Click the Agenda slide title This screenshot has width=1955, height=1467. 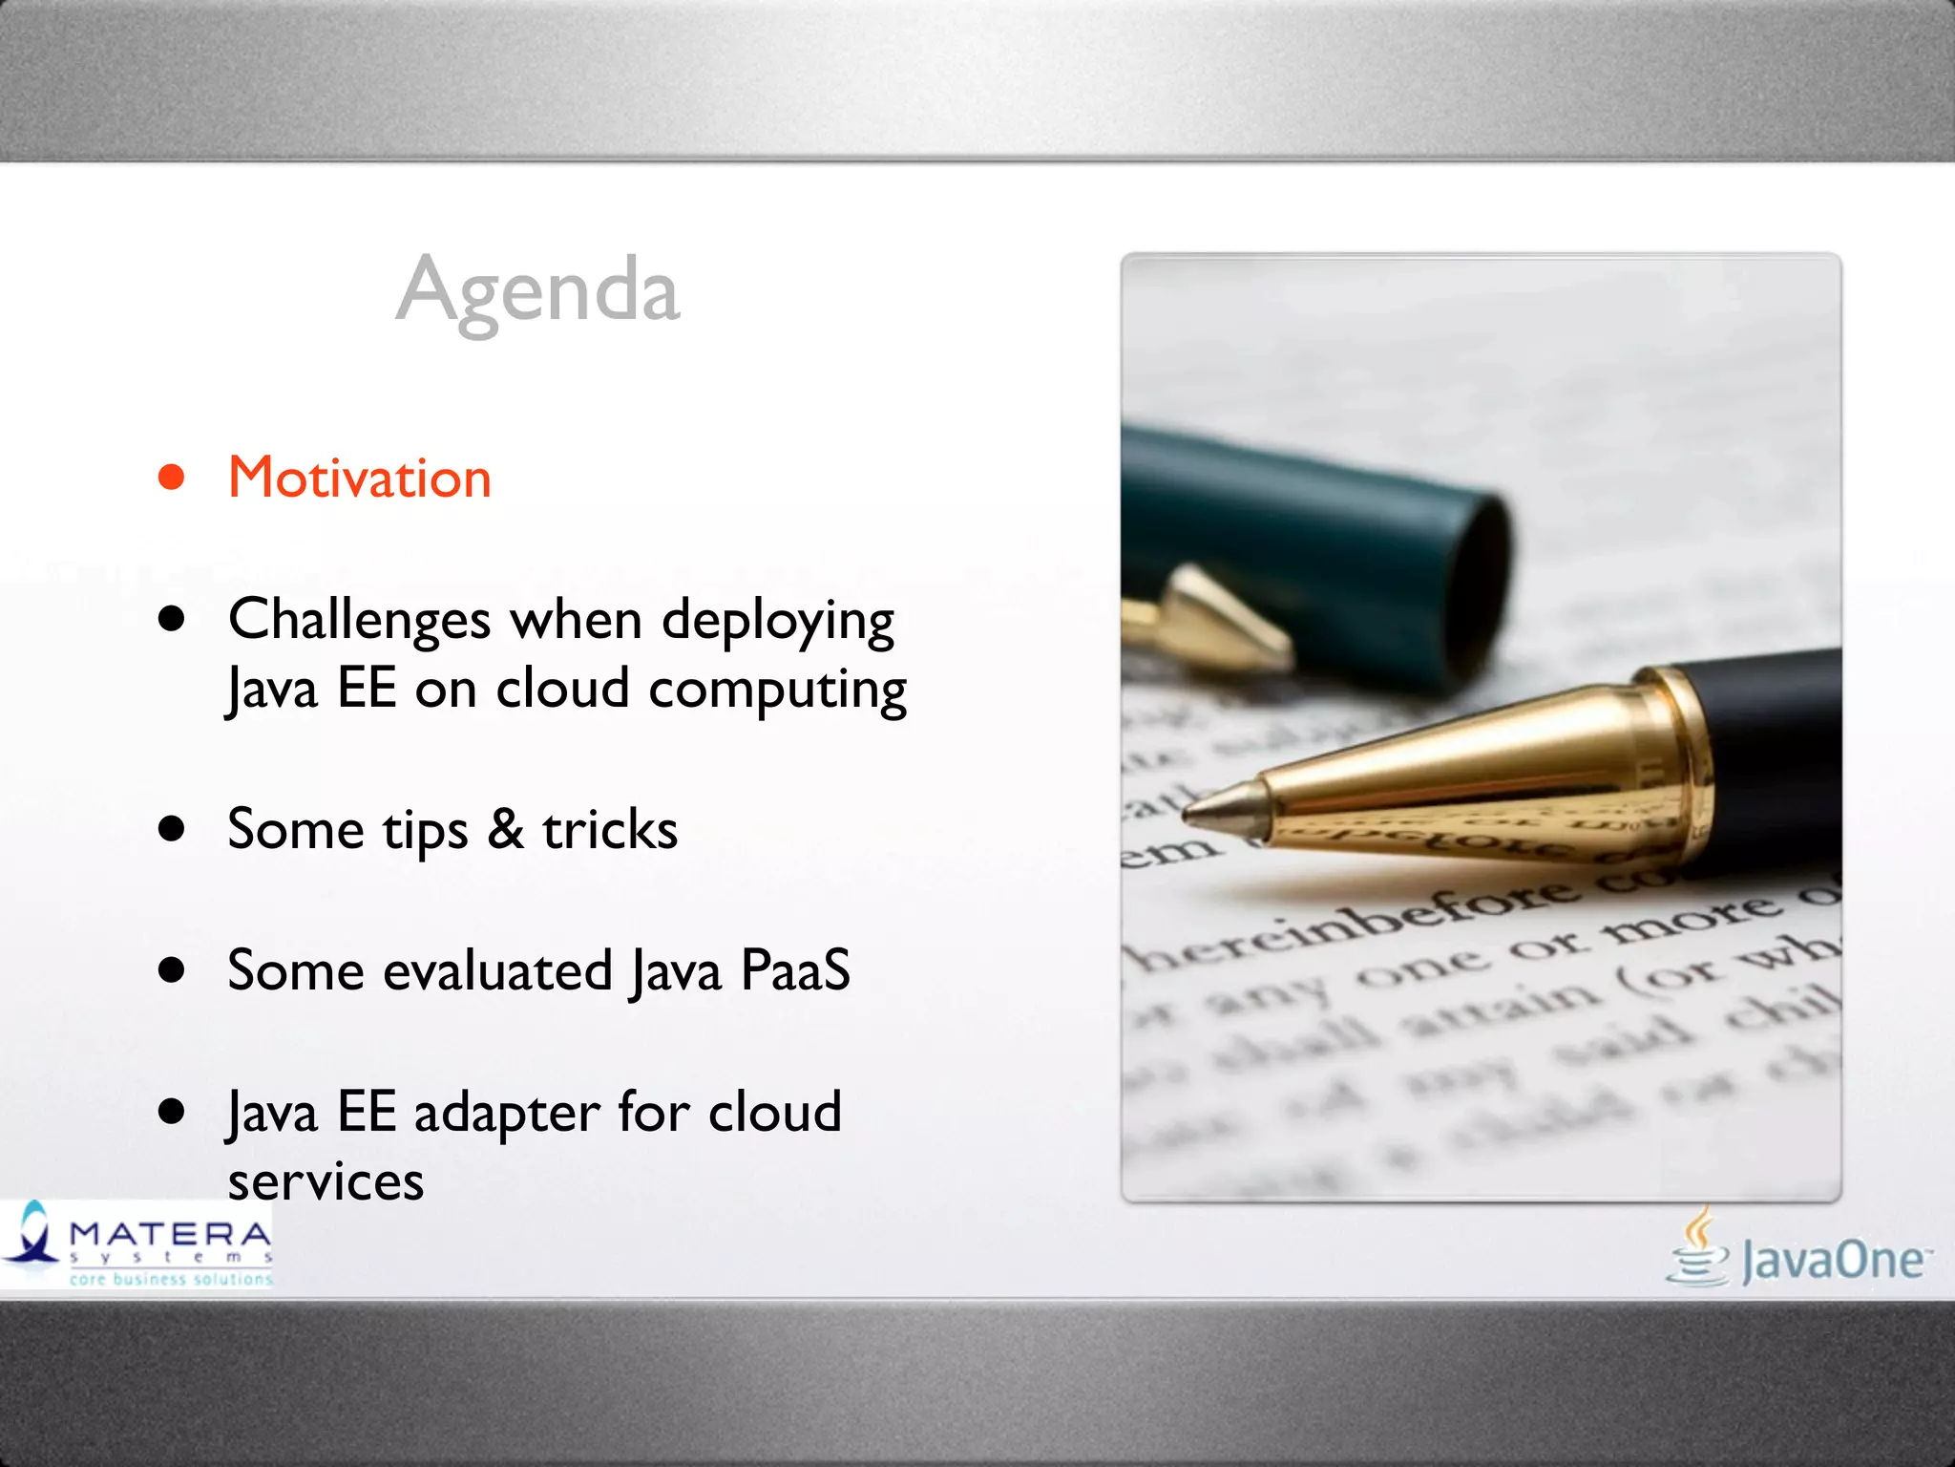click(x=537, y=290)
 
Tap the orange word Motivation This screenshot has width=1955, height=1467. click(x=360, y=478)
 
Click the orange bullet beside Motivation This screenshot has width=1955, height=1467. click(x=172, y=477)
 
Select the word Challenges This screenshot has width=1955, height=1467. click(x=360, y=620)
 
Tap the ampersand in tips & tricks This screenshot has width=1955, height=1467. click(x=506, y=829)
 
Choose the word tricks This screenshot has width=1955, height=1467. click(x=610, y=829)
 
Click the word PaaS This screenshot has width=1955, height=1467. click(x=794, y=970)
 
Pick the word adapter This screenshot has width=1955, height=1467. click(x=507, y=1114)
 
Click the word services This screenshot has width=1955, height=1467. click(x=326, y=1182)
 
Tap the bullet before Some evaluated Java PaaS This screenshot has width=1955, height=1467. click(x=172, y=970)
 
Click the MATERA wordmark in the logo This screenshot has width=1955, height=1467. click(x=170, y=1234)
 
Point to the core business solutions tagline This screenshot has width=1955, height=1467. click(x=171, y=1279)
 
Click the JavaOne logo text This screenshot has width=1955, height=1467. click(x=1833, y=1261)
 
